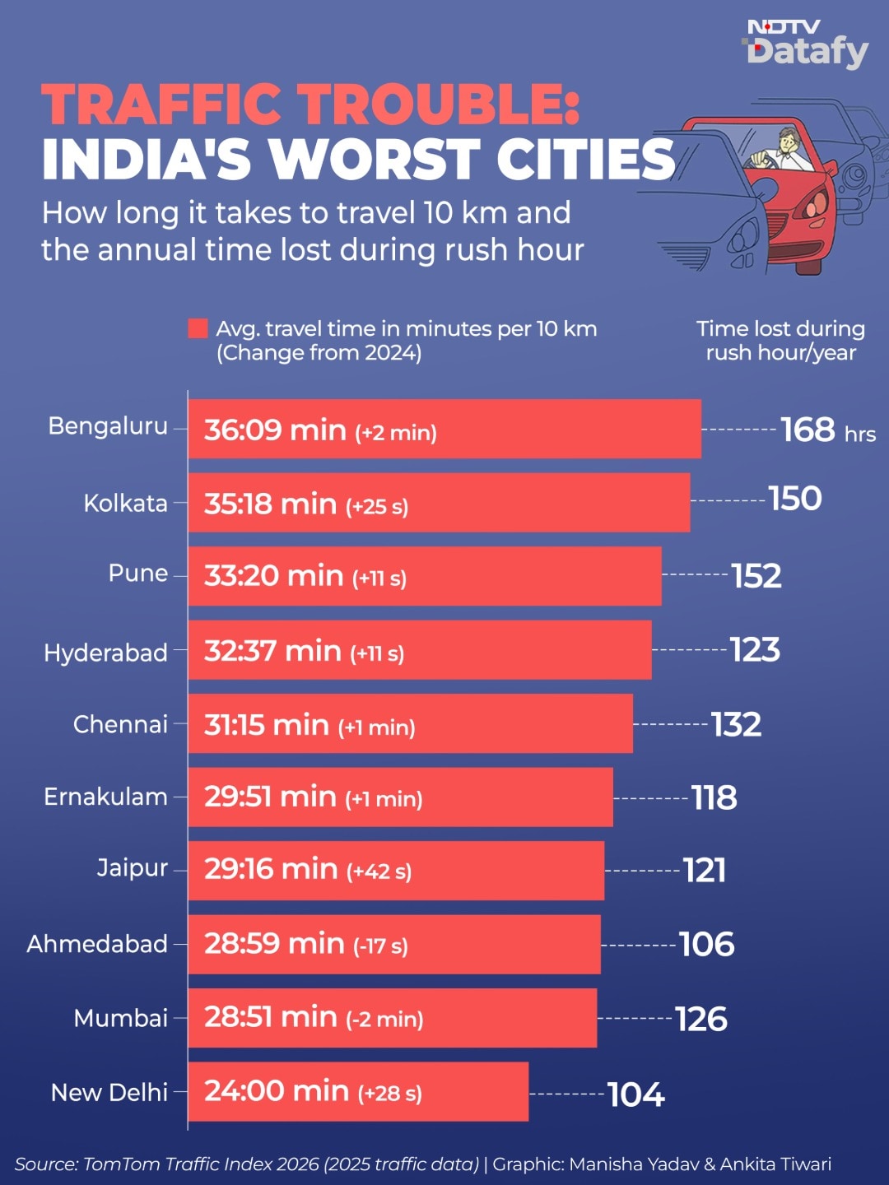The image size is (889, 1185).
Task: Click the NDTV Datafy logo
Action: click(x=807, y=44)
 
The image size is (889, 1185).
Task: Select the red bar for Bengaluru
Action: click(x=444, y=430)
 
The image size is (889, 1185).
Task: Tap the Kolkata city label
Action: click(x=126, y=503)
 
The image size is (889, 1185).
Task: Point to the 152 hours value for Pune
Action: click(x=756, y=575)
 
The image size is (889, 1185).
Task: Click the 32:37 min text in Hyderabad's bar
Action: click(x=272, y=651)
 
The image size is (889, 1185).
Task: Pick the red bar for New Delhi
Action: click(x=358, y=1092)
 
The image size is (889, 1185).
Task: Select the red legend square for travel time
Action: click(x=198, y=329)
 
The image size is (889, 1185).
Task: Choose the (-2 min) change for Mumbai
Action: click(x=384, y=1020)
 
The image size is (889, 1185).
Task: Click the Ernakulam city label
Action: click(x=106, y=797)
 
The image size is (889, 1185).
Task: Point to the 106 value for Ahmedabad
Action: click(x=706, y=944)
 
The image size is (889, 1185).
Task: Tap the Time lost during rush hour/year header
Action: click(x=780, y=341)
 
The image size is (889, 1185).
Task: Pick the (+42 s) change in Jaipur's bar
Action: click(x=379, y=871)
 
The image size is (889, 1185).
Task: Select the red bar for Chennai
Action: click(x=411, y=723)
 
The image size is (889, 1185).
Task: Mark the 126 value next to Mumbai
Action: click(x=701, y=1020)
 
